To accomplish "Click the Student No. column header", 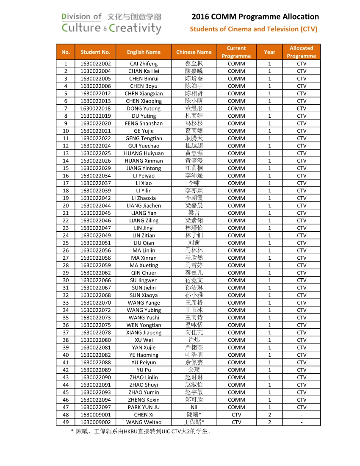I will point(95,52).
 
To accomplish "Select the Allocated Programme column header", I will point(301,52).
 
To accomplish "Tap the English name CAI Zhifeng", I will point(144,64).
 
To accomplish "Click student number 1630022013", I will point(95,101).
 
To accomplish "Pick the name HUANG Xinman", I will point(144,161).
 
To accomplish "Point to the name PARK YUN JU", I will point(144,407).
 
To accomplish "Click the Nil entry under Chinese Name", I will point(194,407).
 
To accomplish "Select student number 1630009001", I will point(95,415).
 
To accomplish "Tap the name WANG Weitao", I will point(144,422).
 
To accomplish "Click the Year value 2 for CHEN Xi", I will point(269,415).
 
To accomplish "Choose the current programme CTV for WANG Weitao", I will point(236,422).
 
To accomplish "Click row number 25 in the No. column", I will point(66,243).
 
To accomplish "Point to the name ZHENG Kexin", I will point(144,399).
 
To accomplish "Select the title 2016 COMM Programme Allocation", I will point(255,17).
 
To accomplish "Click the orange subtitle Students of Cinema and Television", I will point(253,29).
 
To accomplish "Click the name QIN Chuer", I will point(144,273).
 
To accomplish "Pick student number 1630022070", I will point(95,302).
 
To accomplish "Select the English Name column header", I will point(144,52).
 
